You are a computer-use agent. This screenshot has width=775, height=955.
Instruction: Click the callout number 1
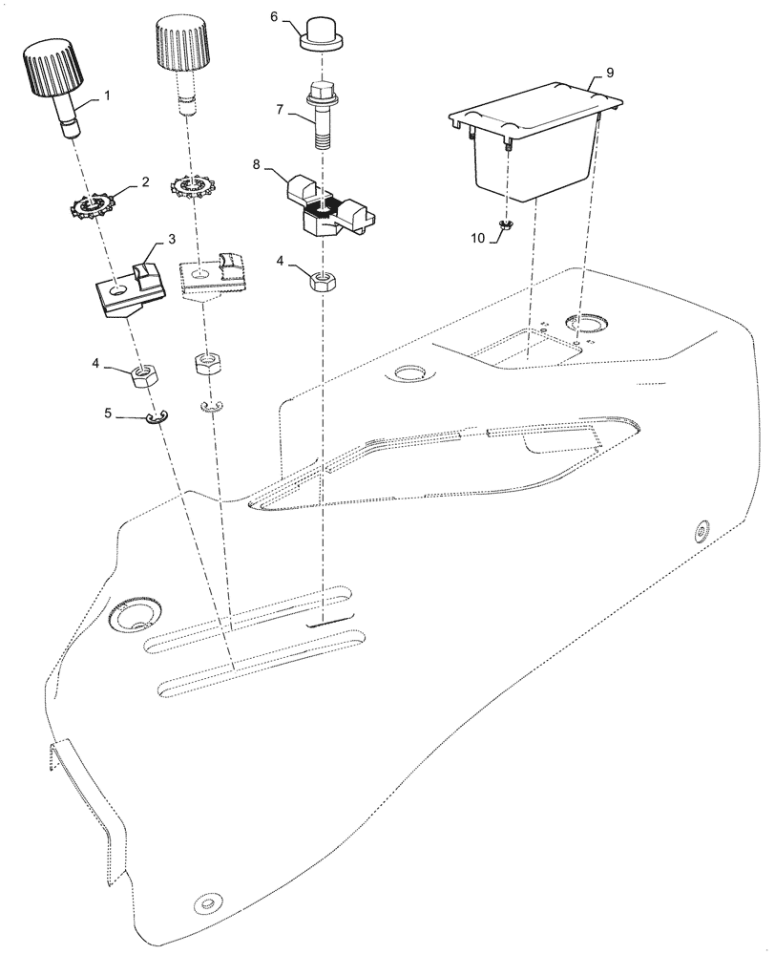click(x=108, y=95)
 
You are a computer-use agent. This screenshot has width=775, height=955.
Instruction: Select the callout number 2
click(x=145, y=181)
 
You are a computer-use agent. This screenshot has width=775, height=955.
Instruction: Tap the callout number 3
click(x=171, y=239)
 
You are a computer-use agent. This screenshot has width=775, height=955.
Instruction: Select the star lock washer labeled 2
click(x=94, y=205)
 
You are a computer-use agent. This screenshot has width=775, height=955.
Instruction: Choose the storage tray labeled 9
click(x=534, y=143)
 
